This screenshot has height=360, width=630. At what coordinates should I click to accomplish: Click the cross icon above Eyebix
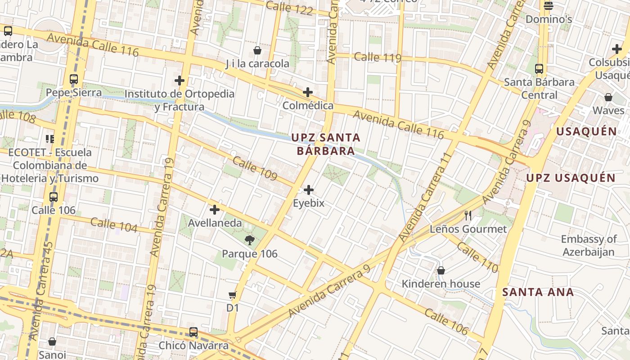pyautogui.click(x=309, y=190)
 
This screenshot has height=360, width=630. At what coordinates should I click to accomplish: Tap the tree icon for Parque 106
pyautogui.click(x=249, y=240)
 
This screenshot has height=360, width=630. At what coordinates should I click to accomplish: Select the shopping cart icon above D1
pyautogui.click(x=232, y=295)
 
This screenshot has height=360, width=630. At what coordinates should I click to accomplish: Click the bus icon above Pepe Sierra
pyautogui.click(x=74, y=79)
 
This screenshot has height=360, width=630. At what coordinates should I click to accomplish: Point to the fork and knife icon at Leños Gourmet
pyautogui.click(x=468, y=216)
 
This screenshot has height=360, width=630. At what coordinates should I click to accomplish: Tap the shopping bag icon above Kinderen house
pyautogui.click(x=441, y=270)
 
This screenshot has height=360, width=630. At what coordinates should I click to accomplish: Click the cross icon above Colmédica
pyautogui.click(x=308, y=93)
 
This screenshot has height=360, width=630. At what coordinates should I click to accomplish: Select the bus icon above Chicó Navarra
pyautogui.click(x=193, y=332)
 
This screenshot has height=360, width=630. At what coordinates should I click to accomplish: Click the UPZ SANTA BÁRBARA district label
pyautogui.click(x=326, y=144)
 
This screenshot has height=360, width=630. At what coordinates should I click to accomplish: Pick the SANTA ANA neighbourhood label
pyautogui.click(x=538, y=292)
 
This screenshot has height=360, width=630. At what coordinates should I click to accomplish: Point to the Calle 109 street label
pyautogui.click(x=255, y=169)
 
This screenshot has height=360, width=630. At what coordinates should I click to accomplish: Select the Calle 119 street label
pyautogui.click(x=377, y=58)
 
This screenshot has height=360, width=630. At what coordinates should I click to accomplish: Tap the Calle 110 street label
pyautogui.click(x=477, y=257)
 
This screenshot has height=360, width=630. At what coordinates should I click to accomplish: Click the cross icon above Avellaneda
pyautogui.click(x=215, y=210)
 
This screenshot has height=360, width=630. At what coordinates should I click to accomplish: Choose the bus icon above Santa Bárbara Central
pyautogui.click(x=539, y=69)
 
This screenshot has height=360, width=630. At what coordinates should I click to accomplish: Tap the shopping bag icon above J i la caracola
pyautogui.click(x=257, y=50)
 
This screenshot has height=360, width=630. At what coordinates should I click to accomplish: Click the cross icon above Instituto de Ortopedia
pyautogui.click(x=180, y=81)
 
